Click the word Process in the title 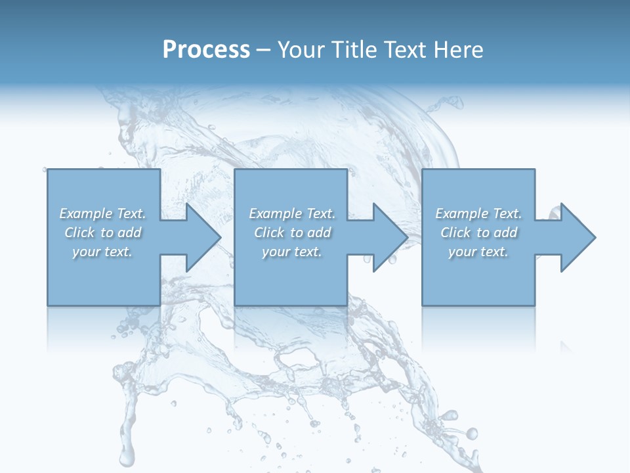[x=206, y=50]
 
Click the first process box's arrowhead [x=200, y=237]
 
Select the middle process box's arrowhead [x=387, y=237]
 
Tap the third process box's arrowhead [x=575, y=237]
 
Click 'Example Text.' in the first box [x=102, y=214]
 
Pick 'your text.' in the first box [x=102, y=252]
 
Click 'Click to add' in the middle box [x=292, y=233]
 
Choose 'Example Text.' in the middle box [x=292, y=214]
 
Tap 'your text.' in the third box [x=478, y=252]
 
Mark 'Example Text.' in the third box [x=478, y=214]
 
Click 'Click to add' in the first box [x=102, y=233]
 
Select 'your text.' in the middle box [x=292, y=252]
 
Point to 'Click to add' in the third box [x=478, y=233]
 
